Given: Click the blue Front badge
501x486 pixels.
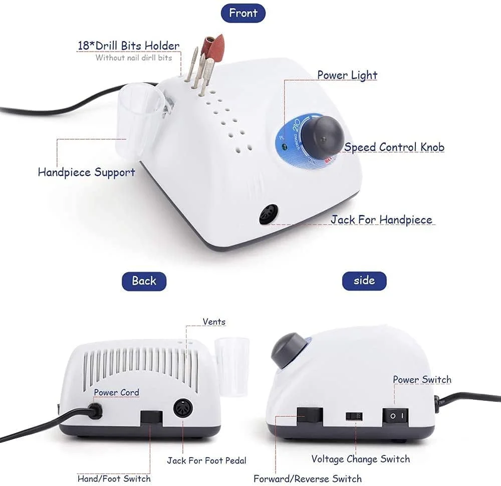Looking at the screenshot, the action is [x=243, y=13].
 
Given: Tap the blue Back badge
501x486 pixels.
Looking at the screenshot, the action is [x=144, y=281].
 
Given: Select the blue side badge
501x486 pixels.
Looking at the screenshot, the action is [x=364, y=281].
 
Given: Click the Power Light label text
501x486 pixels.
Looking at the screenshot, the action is [x=347, y=75].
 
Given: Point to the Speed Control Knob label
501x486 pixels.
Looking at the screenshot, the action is [x=394, y=147].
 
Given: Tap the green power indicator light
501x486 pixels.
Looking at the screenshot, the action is [x=284, y=147].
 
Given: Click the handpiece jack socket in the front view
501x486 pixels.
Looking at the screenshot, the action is [x=269, y=214].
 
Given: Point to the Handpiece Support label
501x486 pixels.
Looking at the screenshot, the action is [x=87, y=172].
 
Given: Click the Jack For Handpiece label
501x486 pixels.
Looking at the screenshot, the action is [x=381, y=220].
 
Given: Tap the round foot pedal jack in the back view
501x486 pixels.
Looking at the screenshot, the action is [x=183, y=408].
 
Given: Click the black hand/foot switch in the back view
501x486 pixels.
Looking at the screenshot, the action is [x=151, y=419].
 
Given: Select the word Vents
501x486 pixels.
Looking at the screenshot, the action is [x=214, y=322].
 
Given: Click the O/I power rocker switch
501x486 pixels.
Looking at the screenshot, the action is [x=395, y=416].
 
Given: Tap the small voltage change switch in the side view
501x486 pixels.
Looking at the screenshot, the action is [x=354, y=416].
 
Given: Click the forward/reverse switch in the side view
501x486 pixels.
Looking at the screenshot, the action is [x=310, y=416].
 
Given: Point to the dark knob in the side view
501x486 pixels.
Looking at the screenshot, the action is [x=289, y=350].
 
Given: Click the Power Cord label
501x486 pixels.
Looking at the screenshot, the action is [x=117, y=392].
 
